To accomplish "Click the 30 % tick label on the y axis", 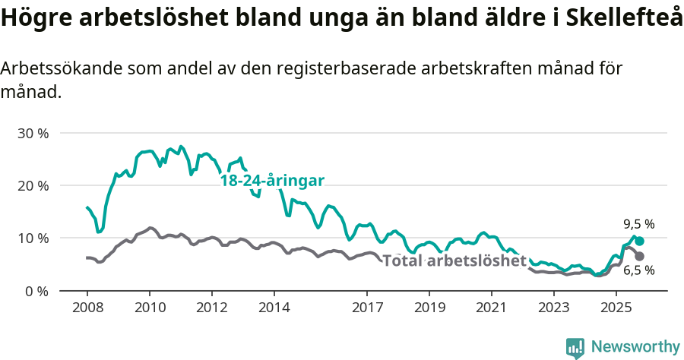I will tap(33, 133).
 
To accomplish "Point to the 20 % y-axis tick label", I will tap(33, 185).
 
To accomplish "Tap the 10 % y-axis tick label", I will tap(33, 238).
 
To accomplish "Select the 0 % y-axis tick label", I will tap(36, 290).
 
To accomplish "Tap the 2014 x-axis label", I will tap(274, 308).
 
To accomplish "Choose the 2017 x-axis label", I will tap(367, 308).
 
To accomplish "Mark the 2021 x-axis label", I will tap(491, 308).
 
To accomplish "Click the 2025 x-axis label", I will tap(616, 308).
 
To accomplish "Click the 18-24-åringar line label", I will tap(272, 181).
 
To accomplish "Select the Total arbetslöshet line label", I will tap(454, 261).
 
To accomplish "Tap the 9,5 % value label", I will tap(638, 224).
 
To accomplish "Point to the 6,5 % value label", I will tap(638, 270).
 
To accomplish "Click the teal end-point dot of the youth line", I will tap(639, 241).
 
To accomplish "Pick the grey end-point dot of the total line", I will tap(639, 257).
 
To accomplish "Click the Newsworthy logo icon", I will tap(575, 348).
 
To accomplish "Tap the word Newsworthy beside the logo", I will tap(635, 347).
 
